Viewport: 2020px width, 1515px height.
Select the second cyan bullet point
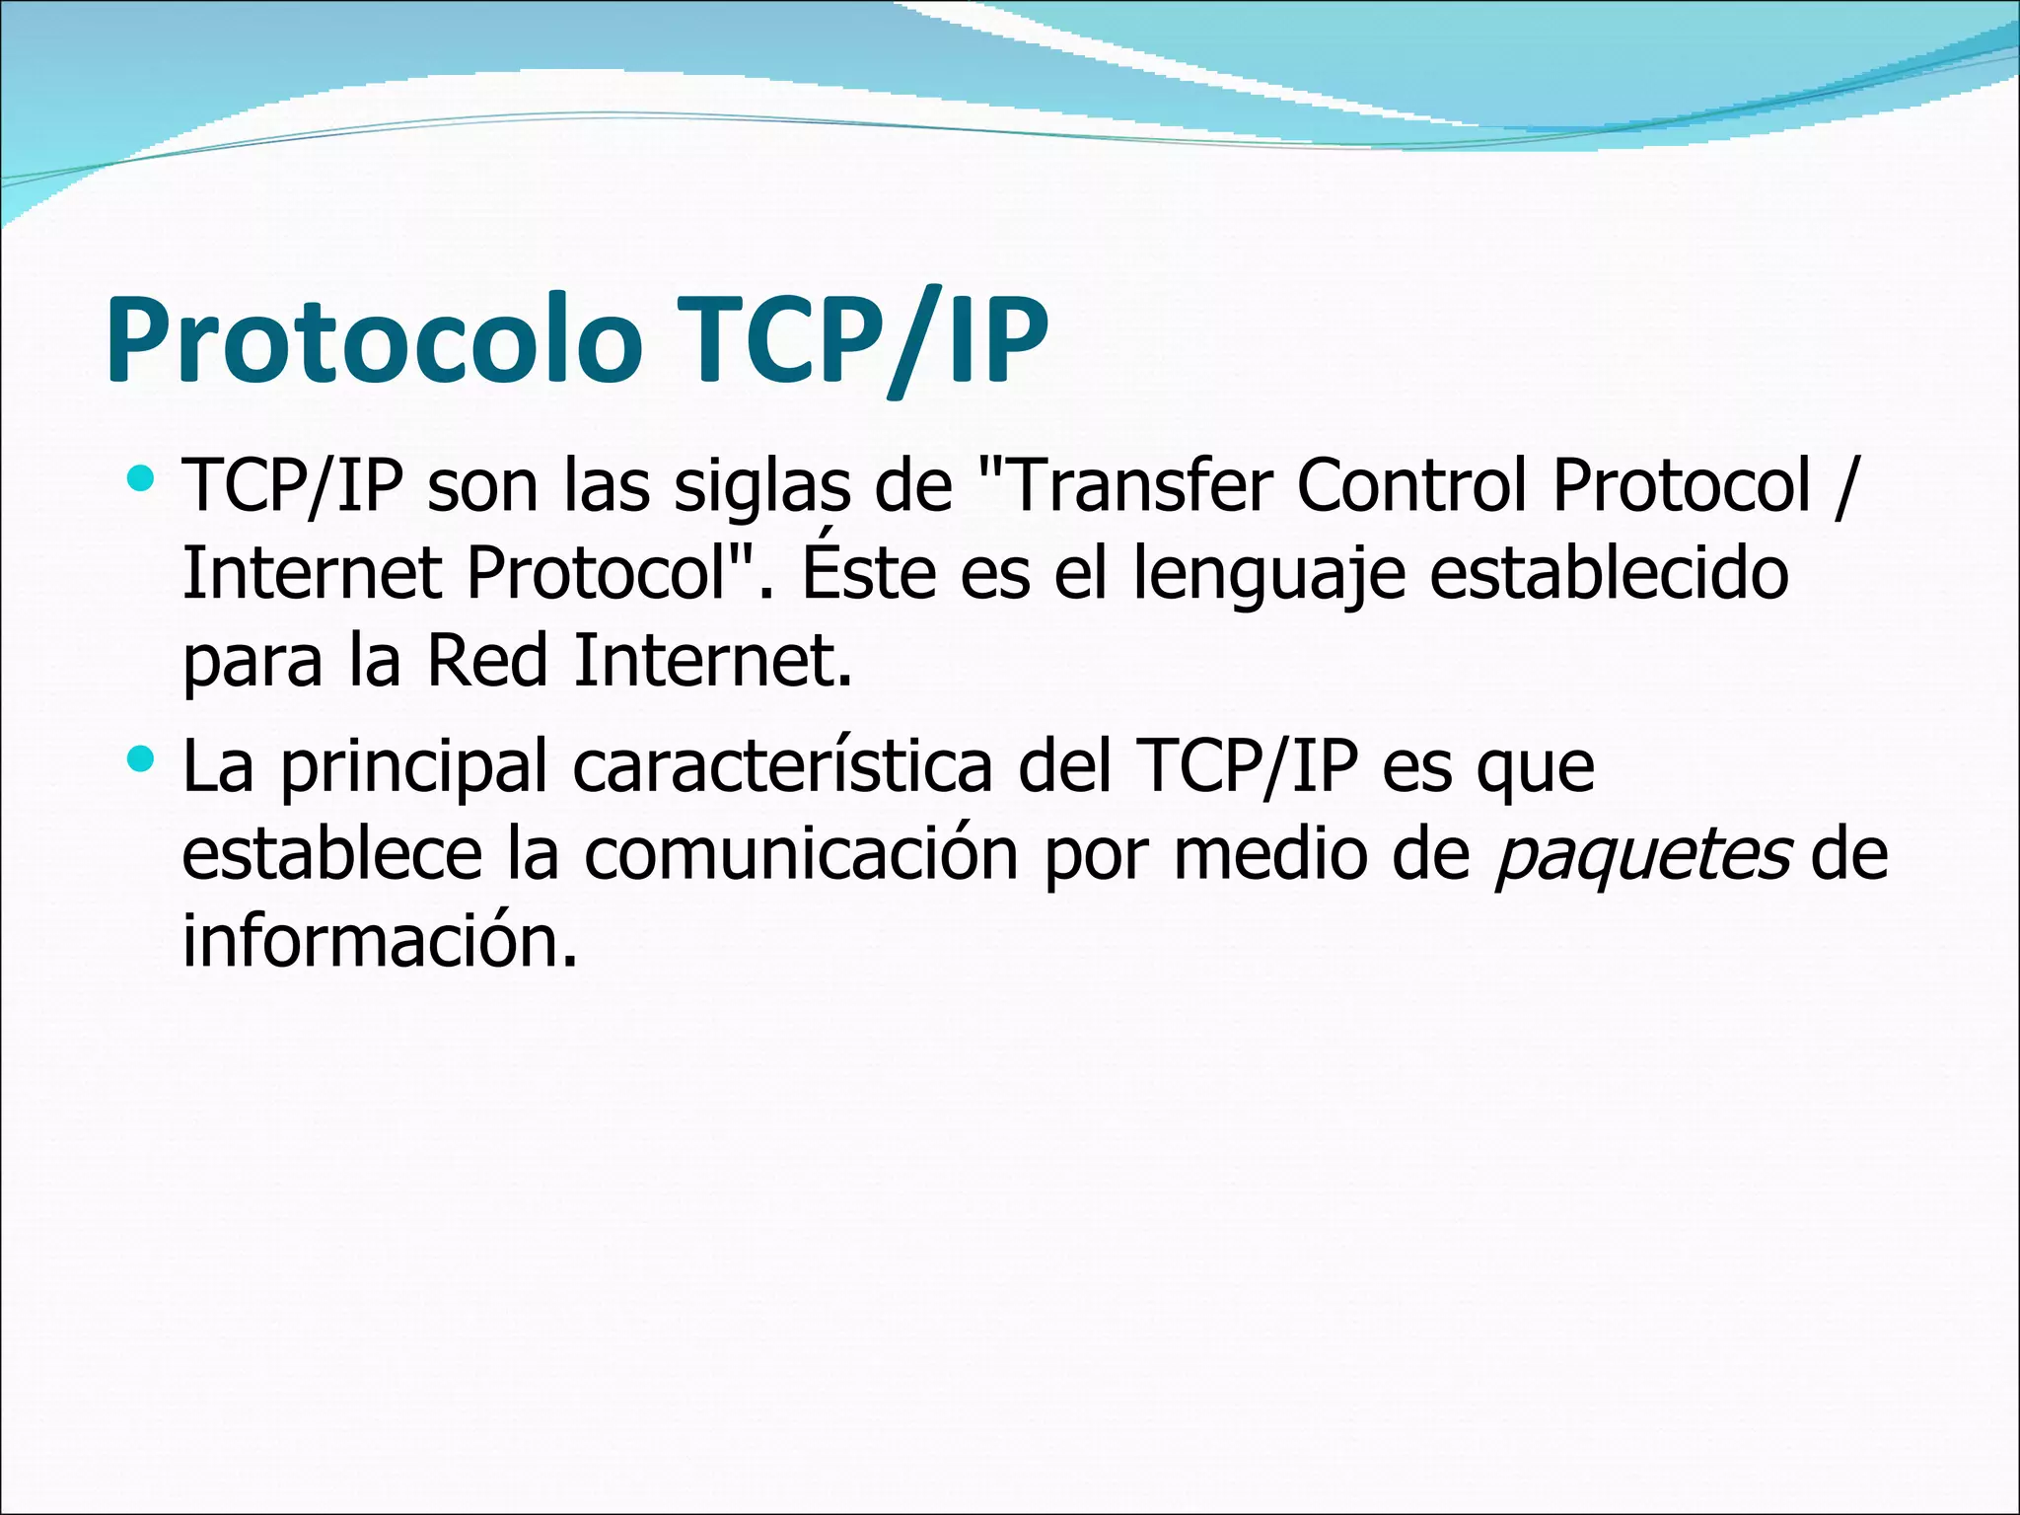(142, 758)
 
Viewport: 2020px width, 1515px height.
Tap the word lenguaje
(1266, 574)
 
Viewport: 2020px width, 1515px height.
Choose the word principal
(413, 768)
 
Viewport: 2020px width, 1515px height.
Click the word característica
(782, 766)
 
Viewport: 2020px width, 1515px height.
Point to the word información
(378, 940)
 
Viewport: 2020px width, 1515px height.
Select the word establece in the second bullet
(330, 854)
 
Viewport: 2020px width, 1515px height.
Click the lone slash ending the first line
(1843, 487)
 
